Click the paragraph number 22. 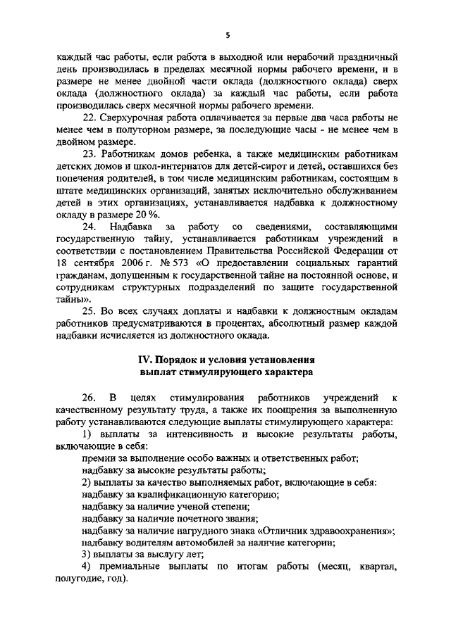tap(89, 118)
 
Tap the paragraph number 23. tap(89, 153)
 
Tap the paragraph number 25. tap(89, 310)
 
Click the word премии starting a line tap(97, 458)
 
